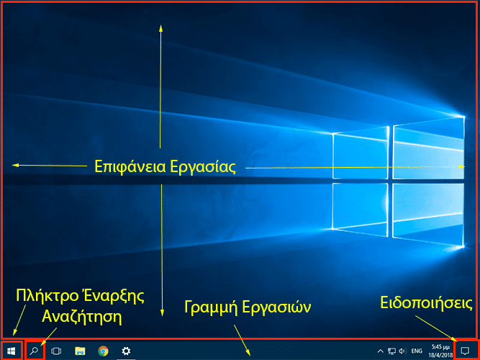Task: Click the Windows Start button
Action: pos(12,351)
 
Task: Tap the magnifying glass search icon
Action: pos(34,351)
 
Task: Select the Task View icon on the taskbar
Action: pos(56,351)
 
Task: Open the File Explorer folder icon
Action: pos(80,351)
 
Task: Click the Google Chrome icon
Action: pos(103,351)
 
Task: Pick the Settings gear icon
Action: pos(126,351)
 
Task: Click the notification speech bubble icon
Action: pos(465,351)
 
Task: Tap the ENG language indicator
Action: pos(417,351)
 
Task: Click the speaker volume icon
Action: pos(402,351)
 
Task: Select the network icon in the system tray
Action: pos(391,351)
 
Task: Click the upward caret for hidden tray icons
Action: pos(380,351)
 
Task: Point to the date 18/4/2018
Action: pos(440,355)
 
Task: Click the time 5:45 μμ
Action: pos(440,347)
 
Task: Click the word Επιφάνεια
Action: pos(130,167)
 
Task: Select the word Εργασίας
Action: pos(203,167)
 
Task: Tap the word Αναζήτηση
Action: pos(82,317)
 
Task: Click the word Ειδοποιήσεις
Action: pos(427,303)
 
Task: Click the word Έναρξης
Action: pos(113,296)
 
